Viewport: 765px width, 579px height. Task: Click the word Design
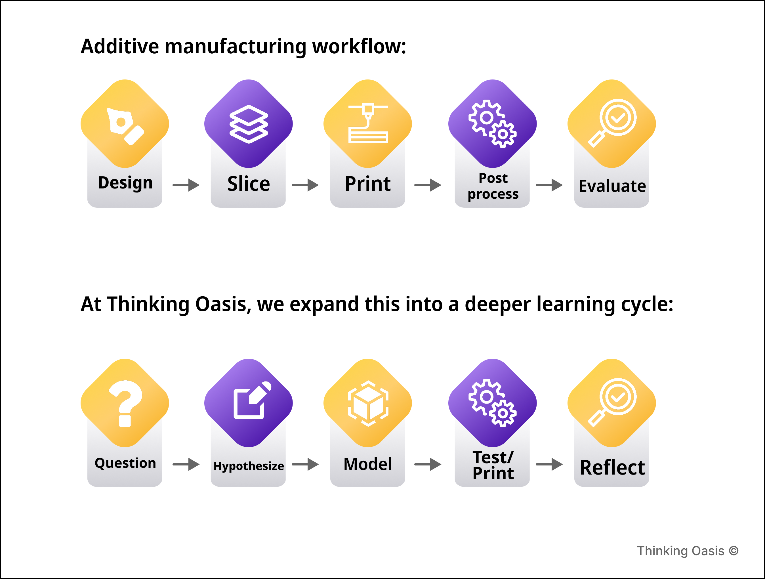(125, 182)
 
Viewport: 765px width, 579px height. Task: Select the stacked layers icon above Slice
(249, 124)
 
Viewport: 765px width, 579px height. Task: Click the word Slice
(249, 183)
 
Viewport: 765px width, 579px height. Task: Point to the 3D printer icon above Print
(368, 123)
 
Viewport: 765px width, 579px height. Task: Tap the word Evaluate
(612, 186)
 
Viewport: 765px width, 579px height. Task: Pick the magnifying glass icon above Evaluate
(612, 123)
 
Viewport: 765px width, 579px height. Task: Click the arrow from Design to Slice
(186, 185)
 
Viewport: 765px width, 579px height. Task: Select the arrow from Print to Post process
(428, 185)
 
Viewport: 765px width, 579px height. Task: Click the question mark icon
(125, 403)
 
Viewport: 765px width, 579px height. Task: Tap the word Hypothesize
(249, 466)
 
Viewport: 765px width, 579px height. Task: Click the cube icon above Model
(368, 403)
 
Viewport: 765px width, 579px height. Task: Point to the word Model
(368, 464)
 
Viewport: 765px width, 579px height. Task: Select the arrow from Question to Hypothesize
(186, 464)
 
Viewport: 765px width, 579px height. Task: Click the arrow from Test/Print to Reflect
(549, 464)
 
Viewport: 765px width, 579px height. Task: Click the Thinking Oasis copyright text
(688, 551)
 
